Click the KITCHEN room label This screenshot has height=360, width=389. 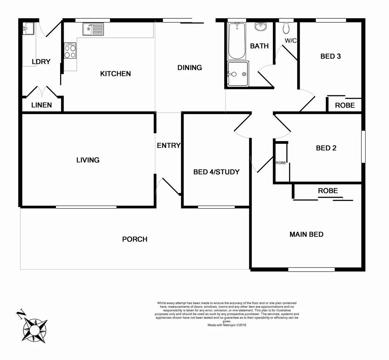tap(115, 74)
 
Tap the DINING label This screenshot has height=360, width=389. tap(190, 68)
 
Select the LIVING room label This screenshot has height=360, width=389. tap(88, 160)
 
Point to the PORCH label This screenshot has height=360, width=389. tap(135, 239)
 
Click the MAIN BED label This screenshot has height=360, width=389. tap(306, 234)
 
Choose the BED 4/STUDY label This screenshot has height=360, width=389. tap(216, 172)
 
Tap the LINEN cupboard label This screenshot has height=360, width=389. tap(42, 105)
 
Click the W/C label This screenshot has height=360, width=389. tap(290, 41)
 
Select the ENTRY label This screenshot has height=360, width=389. tap(169, 145)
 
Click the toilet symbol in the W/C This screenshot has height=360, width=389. tap(286, 29)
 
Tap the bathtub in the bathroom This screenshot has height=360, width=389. tap(236, 41)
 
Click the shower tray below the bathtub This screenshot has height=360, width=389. tap(237, 74)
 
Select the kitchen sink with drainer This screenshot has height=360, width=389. tap(93, 29)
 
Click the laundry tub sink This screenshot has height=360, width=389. tap(28, 29)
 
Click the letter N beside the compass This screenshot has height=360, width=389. tap(21, 313)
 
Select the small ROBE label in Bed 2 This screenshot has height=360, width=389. tap(281, 163)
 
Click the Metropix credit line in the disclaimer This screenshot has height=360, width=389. tap(227, 325)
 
